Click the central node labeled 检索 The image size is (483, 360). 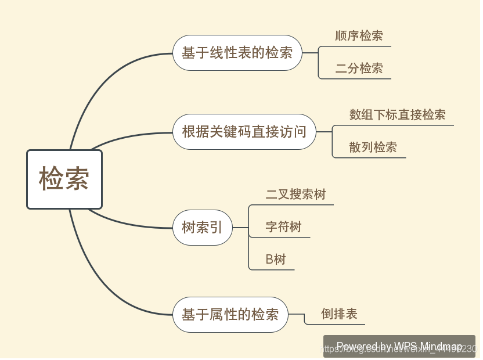tap(64, 179)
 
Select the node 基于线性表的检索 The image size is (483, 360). tap(237, 53)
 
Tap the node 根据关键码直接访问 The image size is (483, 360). tap(244, 132)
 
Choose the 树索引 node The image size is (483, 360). tap(203, 228)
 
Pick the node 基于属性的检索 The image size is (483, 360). tap(230, 315)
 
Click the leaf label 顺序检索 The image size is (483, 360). tap(359, 36)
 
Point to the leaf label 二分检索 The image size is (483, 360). tap(359, 69)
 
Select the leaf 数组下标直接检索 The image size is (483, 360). tap(397, 115)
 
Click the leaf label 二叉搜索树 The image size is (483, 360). tap(295, 195)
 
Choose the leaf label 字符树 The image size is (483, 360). tap(283, 227)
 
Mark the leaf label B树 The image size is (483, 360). tap(276, 260)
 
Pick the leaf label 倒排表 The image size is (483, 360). tap(339, 315)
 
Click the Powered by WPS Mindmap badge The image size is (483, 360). tap(399, 346)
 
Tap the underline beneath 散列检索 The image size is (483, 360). tap(372, 157)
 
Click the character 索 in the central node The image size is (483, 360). tap(77, 179)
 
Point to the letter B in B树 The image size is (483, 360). tap(269, 260)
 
